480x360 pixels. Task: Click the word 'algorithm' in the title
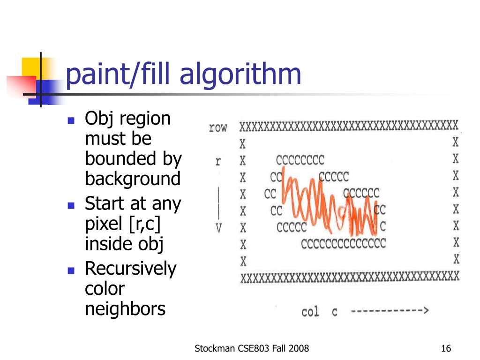coord(240,75)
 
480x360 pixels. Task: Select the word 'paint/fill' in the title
coord(118,75)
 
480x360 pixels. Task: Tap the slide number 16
coord(446,348)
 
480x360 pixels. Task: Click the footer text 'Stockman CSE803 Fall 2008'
coord(252,348)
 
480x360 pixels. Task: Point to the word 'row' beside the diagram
coord(218,127)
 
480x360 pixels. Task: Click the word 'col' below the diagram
coord(310,312)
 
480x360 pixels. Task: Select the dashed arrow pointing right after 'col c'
coord(390,311)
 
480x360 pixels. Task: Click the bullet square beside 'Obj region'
coord(71,120)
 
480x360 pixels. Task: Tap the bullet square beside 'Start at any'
coord(71,205)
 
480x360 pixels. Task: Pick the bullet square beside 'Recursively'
coord(71,270)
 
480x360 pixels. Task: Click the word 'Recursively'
coord(131,269)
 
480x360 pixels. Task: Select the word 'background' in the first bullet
coord(133,179)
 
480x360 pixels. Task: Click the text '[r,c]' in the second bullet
coord(144,224)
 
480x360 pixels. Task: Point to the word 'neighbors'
coord(125,308)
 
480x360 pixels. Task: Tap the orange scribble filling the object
coord(329,203)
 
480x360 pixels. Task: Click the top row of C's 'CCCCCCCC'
coord(300,160)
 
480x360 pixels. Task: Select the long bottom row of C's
coord(343,244)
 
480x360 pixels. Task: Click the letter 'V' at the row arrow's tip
coord(218,228)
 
